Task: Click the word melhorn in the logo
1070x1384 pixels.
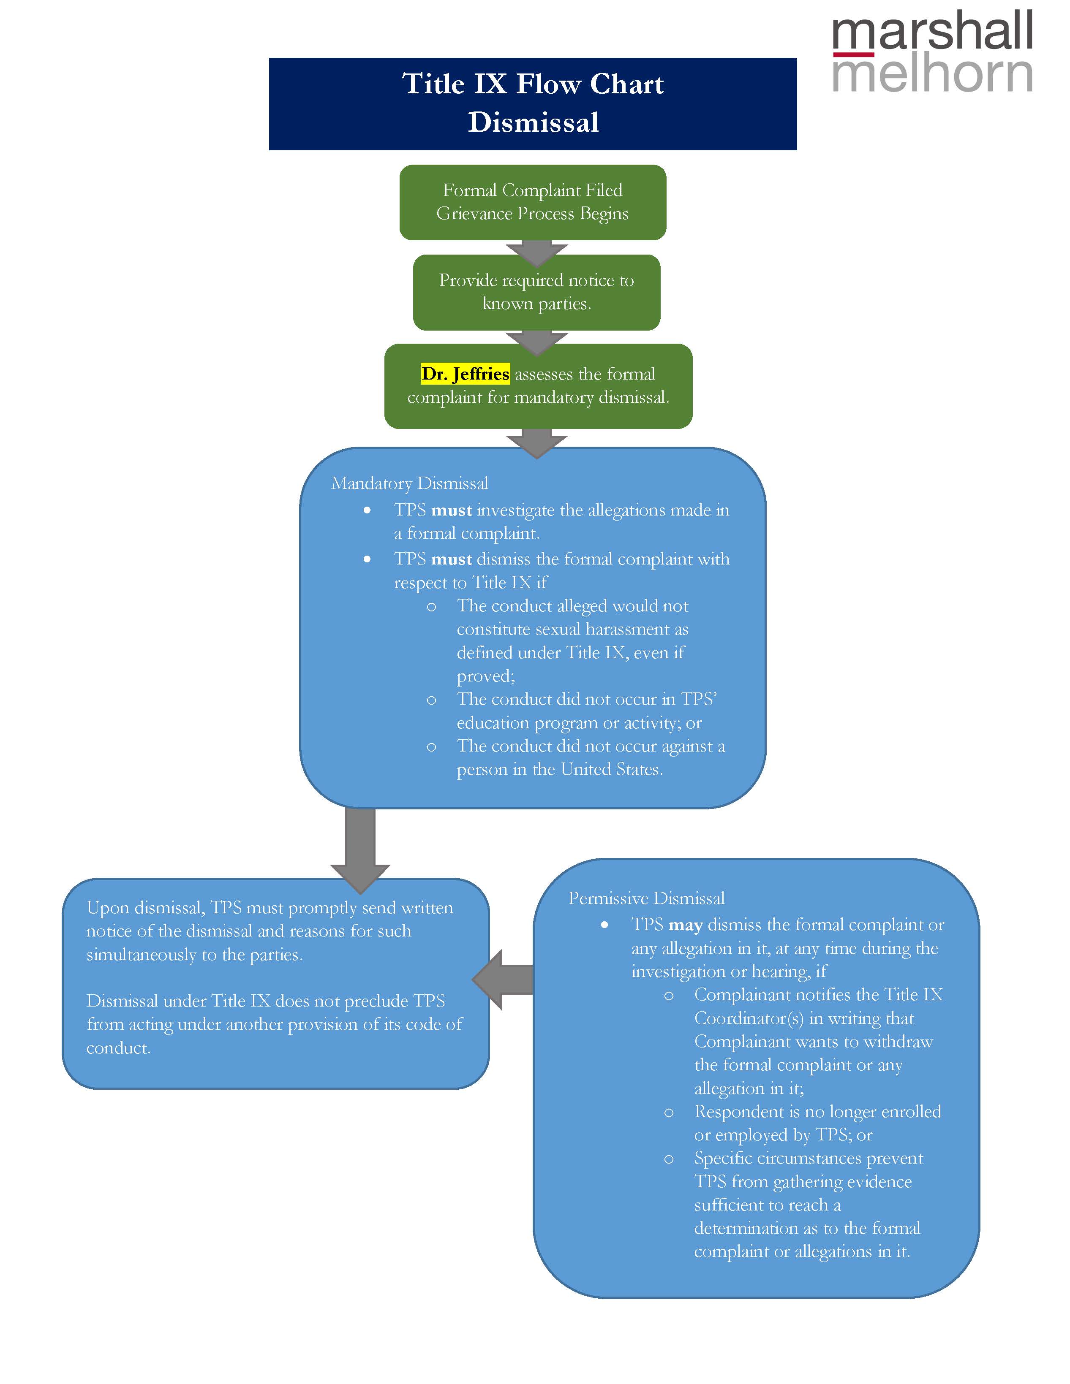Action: (932, 74)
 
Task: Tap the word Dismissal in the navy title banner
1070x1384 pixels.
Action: (533, 122)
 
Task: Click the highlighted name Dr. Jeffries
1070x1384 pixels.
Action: (465, 374)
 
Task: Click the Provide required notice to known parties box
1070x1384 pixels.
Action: (536, 292)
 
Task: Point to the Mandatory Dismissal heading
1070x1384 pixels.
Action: (409, 483)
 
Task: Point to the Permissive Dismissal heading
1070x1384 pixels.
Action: (646, 898)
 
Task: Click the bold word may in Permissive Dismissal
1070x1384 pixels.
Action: (685, 925)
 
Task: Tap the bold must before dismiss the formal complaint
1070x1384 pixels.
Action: (451, 559)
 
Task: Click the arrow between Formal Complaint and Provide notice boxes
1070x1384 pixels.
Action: (536, 252)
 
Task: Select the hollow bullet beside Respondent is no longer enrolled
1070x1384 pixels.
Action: (669, 1113)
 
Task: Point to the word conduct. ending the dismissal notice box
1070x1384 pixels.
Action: (118, 1048)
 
